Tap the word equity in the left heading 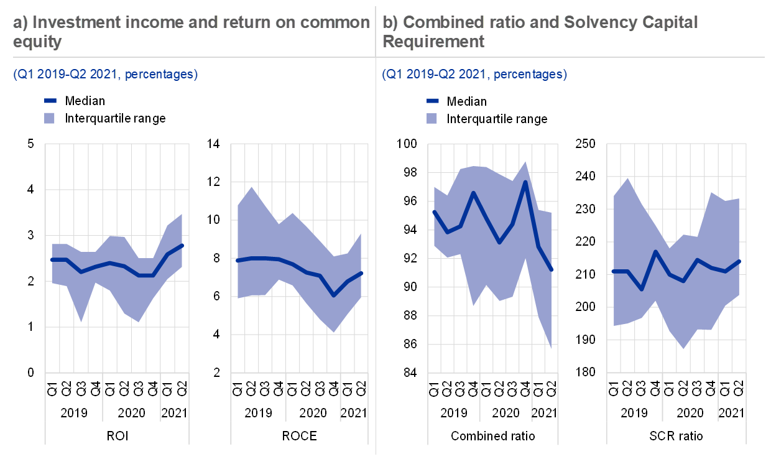tap(37, 42)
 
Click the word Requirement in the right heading tap(433, 42)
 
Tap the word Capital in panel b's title tap(672, 23)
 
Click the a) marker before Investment tap(21, 23)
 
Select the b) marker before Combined tap(390, 23)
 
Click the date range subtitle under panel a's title tap(105, 75)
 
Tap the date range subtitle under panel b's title tap(474, 75)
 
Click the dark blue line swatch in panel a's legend tap(50, 100)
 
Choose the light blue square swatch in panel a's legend tap(50, 118)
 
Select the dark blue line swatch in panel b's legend tap(433, 100)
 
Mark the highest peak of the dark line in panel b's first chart tap(526, 182)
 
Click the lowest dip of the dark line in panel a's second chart tap(334, 295)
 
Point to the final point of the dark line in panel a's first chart tap(182, 245)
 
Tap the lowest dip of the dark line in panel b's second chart tap(642, 290)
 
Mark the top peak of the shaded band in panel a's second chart tap(251, 187)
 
